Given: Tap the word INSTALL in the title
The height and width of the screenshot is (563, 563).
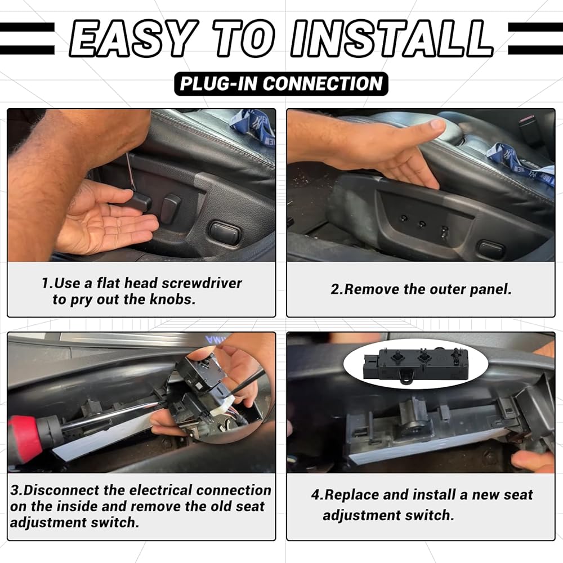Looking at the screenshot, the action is tap(392, 38).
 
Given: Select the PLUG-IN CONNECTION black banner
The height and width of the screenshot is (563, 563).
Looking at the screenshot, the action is tap(281, 84).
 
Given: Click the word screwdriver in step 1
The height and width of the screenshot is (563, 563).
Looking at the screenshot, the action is tap(202, 283).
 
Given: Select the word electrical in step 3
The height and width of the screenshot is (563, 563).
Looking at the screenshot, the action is tap(160, 490).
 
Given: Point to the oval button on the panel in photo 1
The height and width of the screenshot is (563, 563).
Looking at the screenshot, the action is tap(224, 233).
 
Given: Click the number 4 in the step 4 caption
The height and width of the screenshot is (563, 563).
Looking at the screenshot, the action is tap(316, 495).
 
